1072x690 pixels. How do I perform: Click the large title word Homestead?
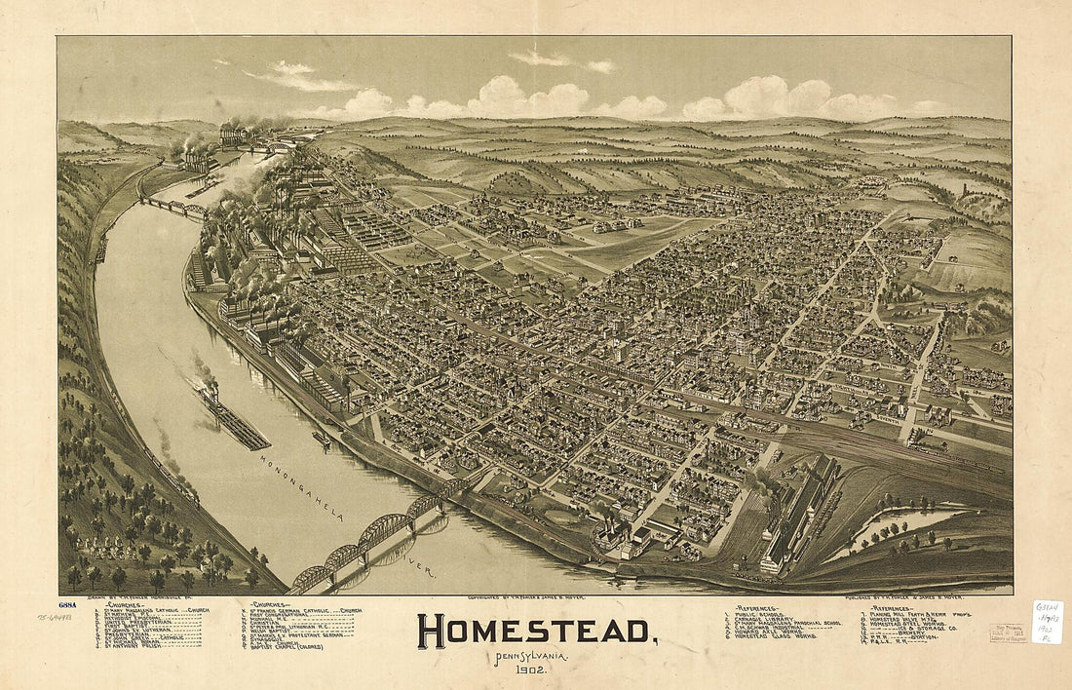tap(535, 632)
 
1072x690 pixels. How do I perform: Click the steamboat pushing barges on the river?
tap(209, 391)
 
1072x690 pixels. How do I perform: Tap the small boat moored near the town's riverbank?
tap(321, 439)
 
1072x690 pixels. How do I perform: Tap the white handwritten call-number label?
tap(1047, 622)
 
